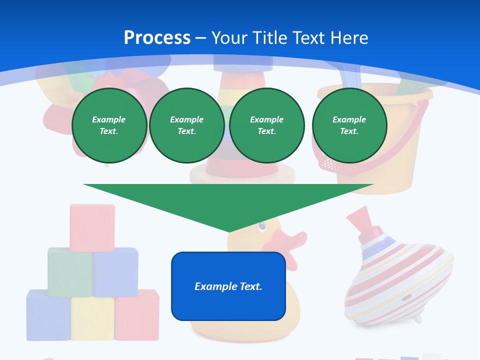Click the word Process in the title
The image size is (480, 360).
(157, 37)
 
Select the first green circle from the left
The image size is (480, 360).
(109, 125)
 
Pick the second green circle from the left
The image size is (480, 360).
(186, 125)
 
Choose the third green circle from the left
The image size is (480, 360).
(266, 125)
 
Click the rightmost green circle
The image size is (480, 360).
(349, 125)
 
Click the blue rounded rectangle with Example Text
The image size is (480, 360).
(228, 286)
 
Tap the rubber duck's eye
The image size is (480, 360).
(262, 227)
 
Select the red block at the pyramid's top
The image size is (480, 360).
(92, 226)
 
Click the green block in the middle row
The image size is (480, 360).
(69, 271)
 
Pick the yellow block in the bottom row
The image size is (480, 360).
(92, 318)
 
